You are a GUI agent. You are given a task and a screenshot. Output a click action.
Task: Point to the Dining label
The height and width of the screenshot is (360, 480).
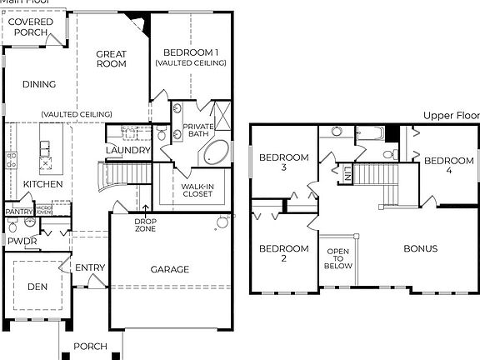coord(39,84)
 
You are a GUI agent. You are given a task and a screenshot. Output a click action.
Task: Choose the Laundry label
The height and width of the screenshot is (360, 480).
coord(128,150)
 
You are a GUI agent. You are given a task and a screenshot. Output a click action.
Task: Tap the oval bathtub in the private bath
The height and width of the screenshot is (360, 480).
coord(217,152)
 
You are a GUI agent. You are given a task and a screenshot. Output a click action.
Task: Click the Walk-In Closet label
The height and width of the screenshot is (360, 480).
coord(197,190)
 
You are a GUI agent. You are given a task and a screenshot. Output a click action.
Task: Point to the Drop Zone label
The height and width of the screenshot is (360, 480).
coord(146,224)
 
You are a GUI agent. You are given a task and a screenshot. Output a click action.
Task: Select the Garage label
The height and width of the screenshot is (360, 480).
coord(170,269)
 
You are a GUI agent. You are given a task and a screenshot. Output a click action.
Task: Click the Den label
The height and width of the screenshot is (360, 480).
coord(37,287)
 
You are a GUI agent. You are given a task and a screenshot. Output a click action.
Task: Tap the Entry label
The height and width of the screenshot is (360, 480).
coord(89,267)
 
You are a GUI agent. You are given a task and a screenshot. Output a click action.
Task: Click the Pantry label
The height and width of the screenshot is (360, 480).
coord(17,212)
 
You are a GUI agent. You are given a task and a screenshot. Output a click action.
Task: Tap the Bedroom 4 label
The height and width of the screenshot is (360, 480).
coord(449,166)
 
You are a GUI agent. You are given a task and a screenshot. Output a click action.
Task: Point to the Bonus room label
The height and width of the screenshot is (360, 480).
coord(421,248)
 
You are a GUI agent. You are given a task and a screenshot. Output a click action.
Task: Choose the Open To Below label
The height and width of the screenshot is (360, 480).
coord(338,258)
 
